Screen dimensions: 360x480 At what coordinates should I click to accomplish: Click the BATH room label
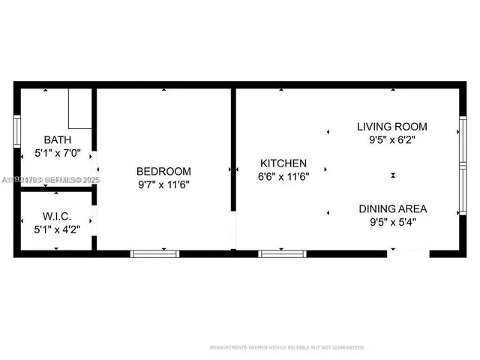pos(58,139)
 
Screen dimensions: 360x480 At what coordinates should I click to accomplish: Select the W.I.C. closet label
pos(57,216)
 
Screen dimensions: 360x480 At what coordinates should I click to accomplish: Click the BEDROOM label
pos(163,171)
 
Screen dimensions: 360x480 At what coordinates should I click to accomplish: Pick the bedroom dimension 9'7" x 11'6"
pos(163,184)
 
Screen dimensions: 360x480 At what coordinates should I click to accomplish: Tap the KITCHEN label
pos(283,163)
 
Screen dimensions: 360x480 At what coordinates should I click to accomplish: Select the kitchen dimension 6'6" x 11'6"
pos(283,177)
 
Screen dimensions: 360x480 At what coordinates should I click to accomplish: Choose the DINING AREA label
pos(393,208)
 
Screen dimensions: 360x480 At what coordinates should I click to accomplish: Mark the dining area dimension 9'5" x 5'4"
pos(393,222)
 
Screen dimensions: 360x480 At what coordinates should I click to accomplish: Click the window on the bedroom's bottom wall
pos(155,253)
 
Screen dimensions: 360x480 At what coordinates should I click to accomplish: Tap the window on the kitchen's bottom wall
pos(283,253)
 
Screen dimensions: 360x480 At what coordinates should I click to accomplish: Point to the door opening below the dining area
pos(408,253)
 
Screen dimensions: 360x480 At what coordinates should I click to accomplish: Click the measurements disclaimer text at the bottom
pos(286,347)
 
